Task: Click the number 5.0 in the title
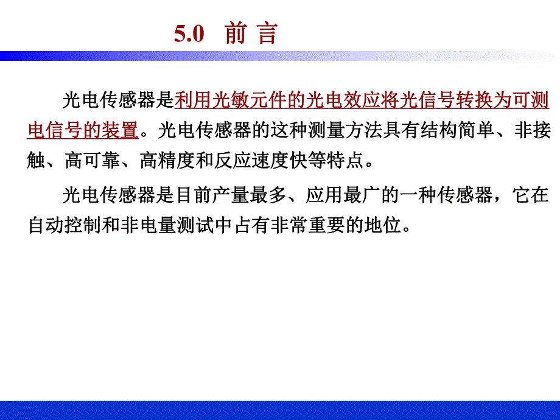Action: click(188, 33)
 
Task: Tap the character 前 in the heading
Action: click(235, 33)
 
